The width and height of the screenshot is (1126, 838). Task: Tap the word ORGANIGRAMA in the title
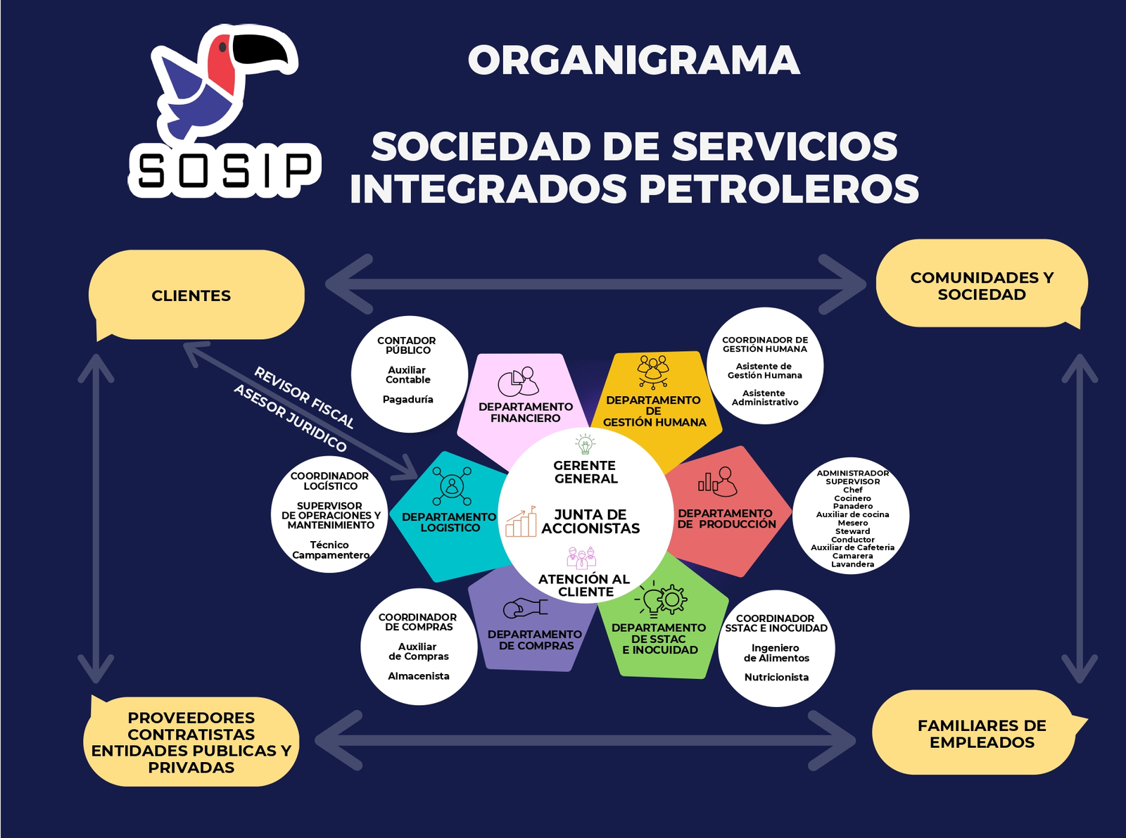(633, 61)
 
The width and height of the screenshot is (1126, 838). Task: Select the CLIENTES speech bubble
(191, 296)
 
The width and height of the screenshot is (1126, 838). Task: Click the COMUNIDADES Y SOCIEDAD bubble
(982, 286)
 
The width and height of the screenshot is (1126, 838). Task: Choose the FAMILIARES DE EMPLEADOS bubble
(981, 734)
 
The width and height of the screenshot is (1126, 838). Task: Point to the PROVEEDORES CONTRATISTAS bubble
(191, 742)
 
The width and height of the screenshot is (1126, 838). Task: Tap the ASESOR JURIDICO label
(290, 419)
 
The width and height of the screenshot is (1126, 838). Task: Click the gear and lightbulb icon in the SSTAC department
(662, 600)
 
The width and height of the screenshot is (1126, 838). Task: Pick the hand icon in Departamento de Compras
(525, 607)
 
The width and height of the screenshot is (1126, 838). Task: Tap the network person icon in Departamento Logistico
(451, 485)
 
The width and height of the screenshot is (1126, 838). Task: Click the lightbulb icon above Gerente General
(585, 444)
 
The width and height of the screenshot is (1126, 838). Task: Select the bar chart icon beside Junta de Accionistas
(521, 521)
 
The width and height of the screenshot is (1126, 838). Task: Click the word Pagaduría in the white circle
(408, 400)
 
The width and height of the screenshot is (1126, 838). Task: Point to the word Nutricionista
(776, 678)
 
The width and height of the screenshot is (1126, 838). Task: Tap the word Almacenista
(419, 676)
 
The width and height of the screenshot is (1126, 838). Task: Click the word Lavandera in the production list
(852, 564)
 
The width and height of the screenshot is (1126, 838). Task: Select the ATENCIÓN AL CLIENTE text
(584, 585)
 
